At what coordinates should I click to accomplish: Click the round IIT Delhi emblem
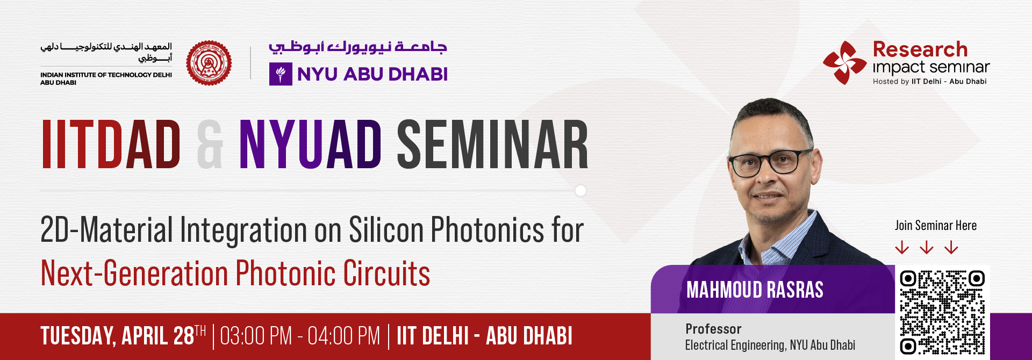pos(209,63)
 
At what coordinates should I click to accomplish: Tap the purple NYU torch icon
pos(281,74)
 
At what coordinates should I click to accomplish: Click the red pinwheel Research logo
pos(844,62)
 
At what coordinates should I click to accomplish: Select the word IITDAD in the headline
pos(111,145)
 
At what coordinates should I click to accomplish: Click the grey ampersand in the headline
pos(210,145)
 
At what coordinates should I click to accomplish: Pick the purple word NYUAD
pos(310,145)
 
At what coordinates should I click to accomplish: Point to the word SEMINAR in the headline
pos(492,145)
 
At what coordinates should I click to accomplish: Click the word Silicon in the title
pos(386,230)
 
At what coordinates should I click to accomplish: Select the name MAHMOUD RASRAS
pos(755,290)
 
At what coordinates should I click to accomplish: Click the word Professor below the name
pos(713,329)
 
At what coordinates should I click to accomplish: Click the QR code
pos(942,312)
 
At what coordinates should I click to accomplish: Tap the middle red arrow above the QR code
pos(927,247)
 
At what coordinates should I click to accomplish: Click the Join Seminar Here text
pos(935,226)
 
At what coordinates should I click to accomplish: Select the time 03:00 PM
pos(256,336)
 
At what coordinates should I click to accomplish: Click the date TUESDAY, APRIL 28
pos(118,336)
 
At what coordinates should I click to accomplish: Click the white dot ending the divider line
pos(580,191)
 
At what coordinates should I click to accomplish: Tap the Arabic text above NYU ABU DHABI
pos(358,47)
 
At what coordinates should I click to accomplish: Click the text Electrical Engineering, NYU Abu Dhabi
pos(770,345)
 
